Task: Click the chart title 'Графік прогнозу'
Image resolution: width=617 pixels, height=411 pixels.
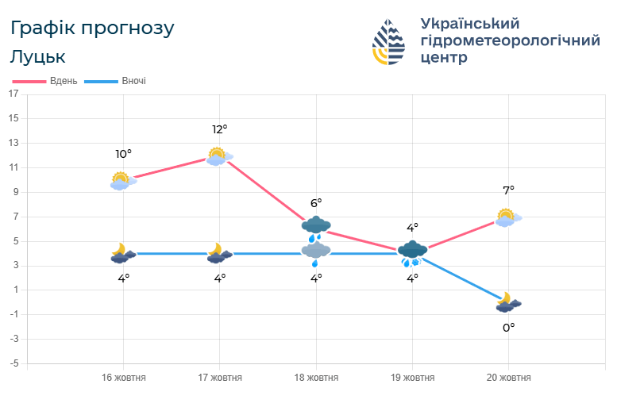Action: (92, 28)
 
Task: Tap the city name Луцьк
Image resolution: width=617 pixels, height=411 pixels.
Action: (38, 57)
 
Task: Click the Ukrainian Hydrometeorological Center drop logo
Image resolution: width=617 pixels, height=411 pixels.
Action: (389, 41)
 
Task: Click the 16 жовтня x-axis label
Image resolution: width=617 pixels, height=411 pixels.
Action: (124, 378)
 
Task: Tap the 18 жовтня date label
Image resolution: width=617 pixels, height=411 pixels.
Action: (316, 378)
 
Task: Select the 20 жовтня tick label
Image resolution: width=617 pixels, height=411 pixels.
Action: (508, 378)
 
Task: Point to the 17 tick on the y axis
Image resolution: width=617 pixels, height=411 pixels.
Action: (13, 94)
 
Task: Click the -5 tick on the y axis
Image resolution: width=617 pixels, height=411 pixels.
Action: (13, 364)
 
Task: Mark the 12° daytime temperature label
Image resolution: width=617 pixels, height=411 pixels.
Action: (220, 129)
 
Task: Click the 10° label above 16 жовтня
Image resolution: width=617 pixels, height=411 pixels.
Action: (123, 154)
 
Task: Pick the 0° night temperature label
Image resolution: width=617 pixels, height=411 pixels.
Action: (508, 327)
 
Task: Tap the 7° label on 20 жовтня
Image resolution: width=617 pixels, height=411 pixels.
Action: (508, 190)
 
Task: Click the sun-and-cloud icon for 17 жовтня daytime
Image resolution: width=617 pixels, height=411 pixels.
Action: (218, 156)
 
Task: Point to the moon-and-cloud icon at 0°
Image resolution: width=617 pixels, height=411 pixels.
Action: (507, 302)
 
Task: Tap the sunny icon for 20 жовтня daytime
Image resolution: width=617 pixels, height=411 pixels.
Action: (507, 217)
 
